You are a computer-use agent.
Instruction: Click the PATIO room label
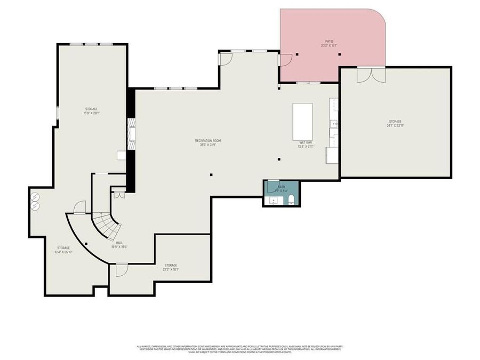pos(329,41)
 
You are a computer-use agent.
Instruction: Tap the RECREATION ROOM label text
pos(207,141)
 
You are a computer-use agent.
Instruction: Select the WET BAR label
pos(306,143)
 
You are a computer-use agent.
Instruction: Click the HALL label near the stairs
pos(119,243)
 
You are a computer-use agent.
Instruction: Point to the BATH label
pos(282,187)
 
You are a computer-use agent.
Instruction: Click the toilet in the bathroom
pos(291,201)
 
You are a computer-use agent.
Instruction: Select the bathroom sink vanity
pos(274,201)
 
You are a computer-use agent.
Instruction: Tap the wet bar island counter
pos(302,121)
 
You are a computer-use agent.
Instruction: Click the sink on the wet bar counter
pos(333,124)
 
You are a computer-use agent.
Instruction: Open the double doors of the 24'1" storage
pos(370,74)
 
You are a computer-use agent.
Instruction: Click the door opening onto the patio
pos(285,59)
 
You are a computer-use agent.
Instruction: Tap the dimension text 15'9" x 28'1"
pos(91,113)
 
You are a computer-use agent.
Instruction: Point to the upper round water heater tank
pos(35,196)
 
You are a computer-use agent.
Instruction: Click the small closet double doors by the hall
pos(119,195)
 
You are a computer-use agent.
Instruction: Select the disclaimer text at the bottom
pos(240,349)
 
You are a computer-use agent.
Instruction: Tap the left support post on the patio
pos(297,54)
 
